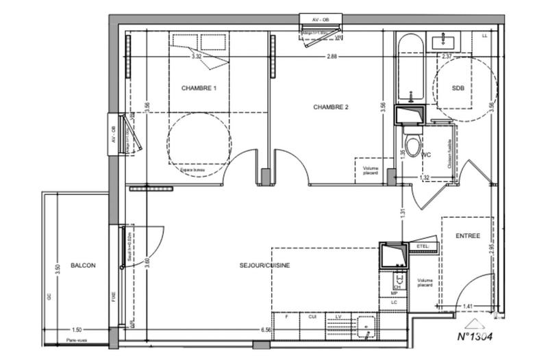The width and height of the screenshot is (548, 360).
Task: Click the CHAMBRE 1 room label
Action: pos(199,88)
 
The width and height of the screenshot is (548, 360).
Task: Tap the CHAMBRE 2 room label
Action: pos(332,107)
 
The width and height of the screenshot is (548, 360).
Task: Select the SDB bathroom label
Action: pos(458,88)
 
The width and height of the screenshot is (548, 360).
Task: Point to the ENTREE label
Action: pos(468,235)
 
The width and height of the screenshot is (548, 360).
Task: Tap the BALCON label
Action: pos(82,265)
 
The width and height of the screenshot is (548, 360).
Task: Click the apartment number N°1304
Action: pos(475,336)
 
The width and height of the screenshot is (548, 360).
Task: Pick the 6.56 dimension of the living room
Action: pos(264,329)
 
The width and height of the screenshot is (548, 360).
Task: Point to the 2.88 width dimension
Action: pos(332,56)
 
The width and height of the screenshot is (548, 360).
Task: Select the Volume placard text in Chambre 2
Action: pos(370,169)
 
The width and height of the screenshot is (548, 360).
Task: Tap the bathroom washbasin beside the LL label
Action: pos(447,42)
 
